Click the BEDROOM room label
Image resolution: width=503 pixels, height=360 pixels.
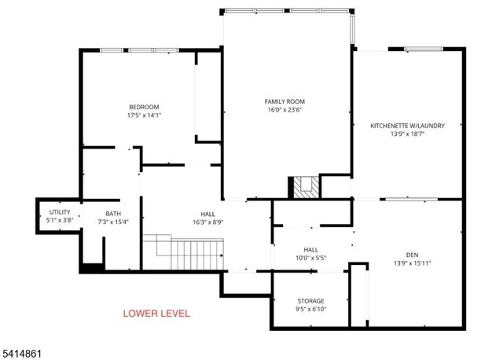[145, 107]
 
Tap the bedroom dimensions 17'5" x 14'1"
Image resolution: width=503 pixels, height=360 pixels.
[145, 116]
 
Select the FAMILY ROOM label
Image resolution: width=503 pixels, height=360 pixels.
[285, 101]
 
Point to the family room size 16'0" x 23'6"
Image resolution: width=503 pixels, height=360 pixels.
[285, 110]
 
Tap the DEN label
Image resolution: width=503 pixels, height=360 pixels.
[412, 254]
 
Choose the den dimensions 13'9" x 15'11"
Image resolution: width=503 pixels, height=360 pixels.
[412, 263]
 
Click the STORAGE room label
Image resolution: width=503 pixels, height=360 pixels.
[310, 301]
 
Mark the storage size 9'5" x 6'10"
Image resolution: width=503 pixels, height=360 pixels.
[310, 310]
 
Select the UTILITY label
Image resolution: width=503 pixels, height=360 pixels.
[61, 212]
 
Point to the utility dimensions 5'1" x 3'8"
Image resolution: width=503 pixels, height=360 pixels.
[61, 221]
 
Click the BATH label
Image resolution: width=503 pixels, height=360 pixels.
[113, 214]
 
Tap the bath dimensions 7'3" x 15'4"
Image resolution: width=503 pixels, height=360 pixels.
[113, 222]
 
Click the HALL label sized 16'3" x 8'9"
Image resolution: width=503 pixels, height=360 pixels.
[207, 214]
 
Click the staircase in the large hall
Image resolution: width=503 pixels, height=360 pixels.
[189, 252]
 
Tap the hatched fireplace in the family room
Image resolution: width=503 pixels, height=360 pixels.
[306, 187]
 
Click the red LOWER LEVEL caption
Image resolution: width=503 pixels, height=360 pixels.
[156, 314]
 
